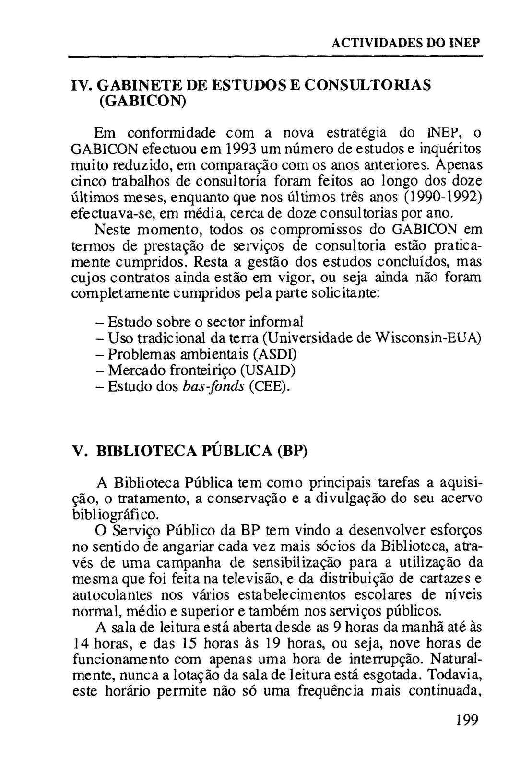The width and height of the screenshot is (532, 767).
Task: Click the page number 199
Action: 467,721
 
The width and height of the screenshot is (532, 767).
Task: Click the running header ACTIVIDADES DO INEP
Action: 406,44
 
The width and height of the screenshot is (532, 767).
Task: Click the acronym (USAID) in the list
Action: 267,370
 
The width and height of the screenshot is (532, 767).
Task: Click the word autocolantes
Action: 112,595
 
